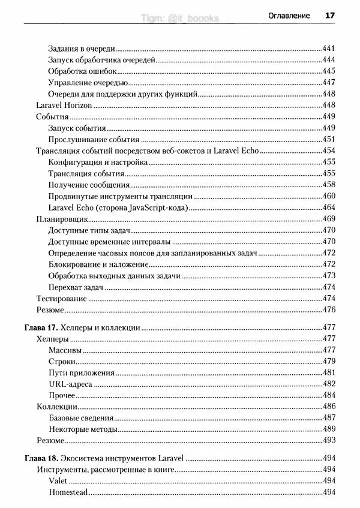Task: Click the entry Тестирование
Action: pos(62,298)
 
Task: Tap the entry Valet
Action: pos(58,481)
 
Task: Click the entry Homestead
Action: pos(68,492)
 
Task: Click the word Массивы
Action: pos(65,350)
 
